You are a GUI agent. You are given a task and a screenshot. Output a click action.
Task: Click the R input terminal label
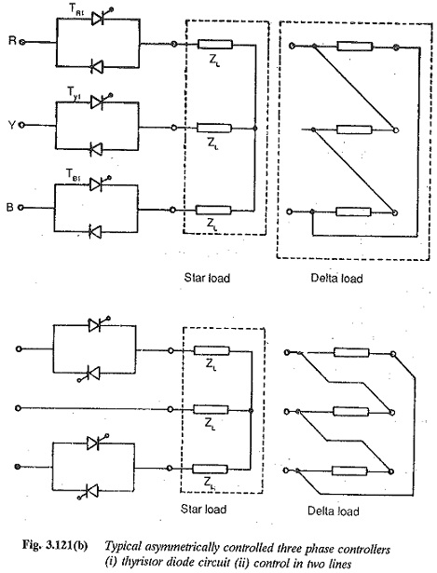pos(12,41)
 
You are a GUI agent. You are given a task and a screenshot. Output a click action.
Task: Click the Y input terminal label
pos(12,125)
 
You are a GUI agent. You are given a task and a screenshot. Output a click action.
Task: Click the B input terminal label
pos(10,207)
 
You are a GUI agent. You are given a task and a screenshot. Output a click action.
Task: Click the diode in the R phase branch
pos(97,67)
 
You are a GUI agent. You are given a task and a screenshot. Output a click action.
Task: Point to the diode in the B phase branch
pos(96,231)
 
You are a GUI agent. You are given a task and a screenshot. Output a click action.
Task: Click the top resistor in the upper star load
pos(215,44)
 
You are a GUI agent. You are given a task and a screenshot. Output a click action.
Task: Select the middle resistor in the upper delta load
pos(354,130)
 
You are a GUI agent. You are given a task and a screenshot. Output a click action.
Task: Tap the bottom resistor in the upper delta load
pos(353,211)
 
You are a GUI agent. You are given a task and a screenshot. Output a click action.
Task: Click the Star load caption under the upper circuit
pos(207,278)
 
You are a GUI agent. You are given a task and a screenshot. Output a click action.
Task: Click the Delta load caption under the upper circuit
pos(336,278)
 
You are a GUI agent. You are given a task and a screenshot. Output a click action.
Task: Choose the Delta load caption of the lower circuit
pos(334,511)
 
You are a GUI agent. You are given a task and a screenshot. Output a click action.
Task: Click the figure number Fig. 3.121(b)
pos(55,546)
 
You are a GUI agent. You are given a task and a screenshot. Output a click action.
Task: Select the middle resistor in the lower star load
pos(211,409)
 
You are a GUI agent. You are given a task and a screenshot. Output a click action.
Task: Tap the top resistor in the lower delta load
pos(351,352)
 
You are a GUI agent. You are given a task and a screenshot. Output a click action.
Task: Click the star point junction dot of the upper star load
pos(254,129)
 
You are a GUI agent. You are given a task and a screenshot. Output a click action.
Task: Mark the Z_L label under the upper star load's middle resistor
pos(213,143)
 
